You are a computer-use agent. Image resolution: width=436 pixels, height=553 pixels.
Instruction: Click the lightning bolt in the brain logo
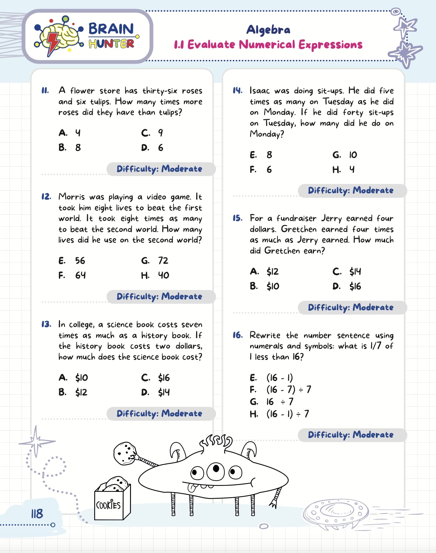click(53, 43)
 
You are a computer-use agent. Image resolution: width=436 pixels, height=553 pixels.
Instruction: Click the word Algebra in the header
click(268, 30)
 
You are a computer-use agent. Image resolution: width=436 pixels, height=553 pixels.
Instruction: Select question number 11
click(45, 91)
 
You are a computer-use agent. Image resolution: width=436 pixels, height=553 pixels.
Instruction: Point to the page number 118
click(37, 513)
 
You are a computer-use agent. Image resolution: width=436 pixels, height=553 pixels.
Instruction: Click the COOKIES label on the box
click(108, 505)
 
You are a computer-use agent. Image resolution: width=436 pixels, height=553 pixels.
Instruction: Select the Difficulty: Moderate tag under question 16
click(351, 435)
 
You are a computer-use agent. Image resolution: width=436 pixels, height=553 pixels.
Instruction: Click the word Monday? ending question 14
click(267, 134)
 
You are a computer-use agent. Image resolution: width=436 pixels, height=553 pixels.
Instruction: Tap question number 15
click(237, 218)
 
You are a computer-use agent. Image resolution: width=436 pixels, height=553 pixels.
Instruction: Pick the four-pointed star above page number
click(36, 441)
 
